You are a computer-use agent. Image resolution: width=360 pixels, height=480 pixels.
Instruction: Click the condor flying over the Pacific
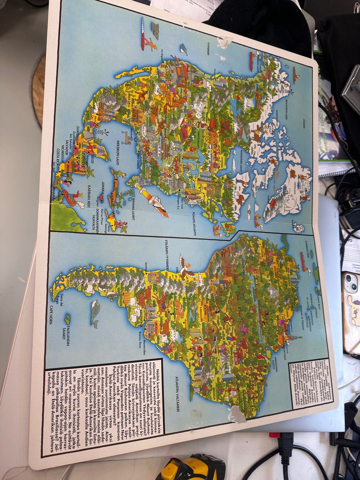click(x=186, y=266)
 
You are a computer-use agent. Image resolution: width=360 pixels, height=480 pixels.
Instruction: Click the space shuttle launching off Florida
click(x=154, y=201)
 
